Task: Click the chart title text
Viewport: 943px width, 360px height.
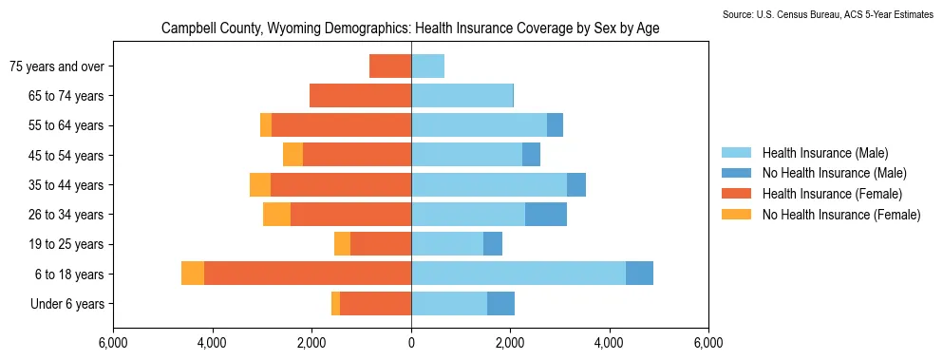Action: [411, 28]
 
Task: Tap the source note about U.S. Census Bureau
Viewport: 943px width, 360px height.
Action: [832, 14]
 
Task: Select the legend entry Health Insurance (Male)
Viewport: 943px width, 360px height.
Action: [825, 153]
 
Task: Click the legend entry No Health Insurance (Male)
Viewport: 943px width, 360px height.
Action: [834, 174]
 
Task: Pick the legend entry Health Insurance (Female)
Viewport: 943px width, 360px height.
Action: [832, 193]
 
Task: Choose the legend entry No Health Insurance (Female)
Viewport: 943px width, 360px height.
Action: [841, 215]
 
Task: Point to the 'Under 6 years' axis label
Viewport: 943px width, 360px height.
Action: [67, 304]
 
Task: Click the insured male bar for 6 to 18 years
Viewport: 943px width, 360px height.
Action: [519, 274]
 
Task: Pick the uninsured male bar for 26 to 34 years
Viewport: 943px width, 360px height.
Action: [546, 215]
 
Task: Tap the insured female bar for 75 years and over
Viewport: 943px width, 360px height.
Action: [390, 66]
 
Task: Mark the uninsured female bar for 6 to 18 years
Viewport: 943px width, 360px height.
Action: [193, 274]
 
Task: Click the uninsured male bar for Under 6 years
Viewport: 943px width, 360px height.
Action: [501, 303]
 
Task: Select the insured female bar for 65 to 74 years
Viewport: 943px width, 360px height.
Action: [361, 96]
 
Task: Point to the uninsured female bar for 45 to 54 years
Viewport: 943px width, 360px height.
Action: [292, 155]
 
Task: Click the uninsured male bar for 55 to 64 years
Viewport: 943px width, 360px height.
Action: [556, 125]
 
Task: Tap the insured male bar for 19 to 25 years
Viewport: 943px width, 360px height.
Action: [447, 244]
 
